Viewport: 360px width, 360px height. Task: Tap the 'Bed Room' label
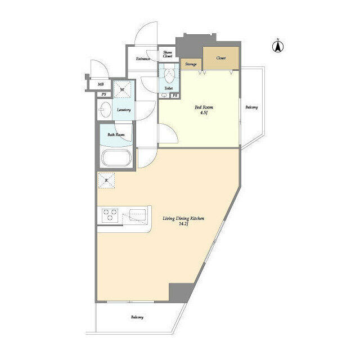204,107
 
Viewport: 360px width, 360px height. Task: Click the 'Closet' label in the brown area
220,58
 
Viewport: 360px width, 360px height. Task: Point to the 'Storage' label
190,65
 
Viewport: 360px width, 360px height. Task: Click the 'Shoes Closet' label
168,55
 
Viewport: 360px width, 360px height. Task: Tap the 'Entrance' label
143,59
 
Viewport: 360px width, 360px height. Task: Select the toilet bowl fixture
169,75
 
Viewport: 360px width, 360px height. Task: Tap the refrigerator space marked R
107,180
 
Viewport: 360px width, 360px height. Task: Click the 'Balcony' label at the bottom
137,317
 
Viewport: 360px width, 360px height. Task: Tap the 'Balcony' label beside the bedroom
251,107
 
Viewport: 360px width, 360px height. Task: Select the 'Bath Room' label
116,135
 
